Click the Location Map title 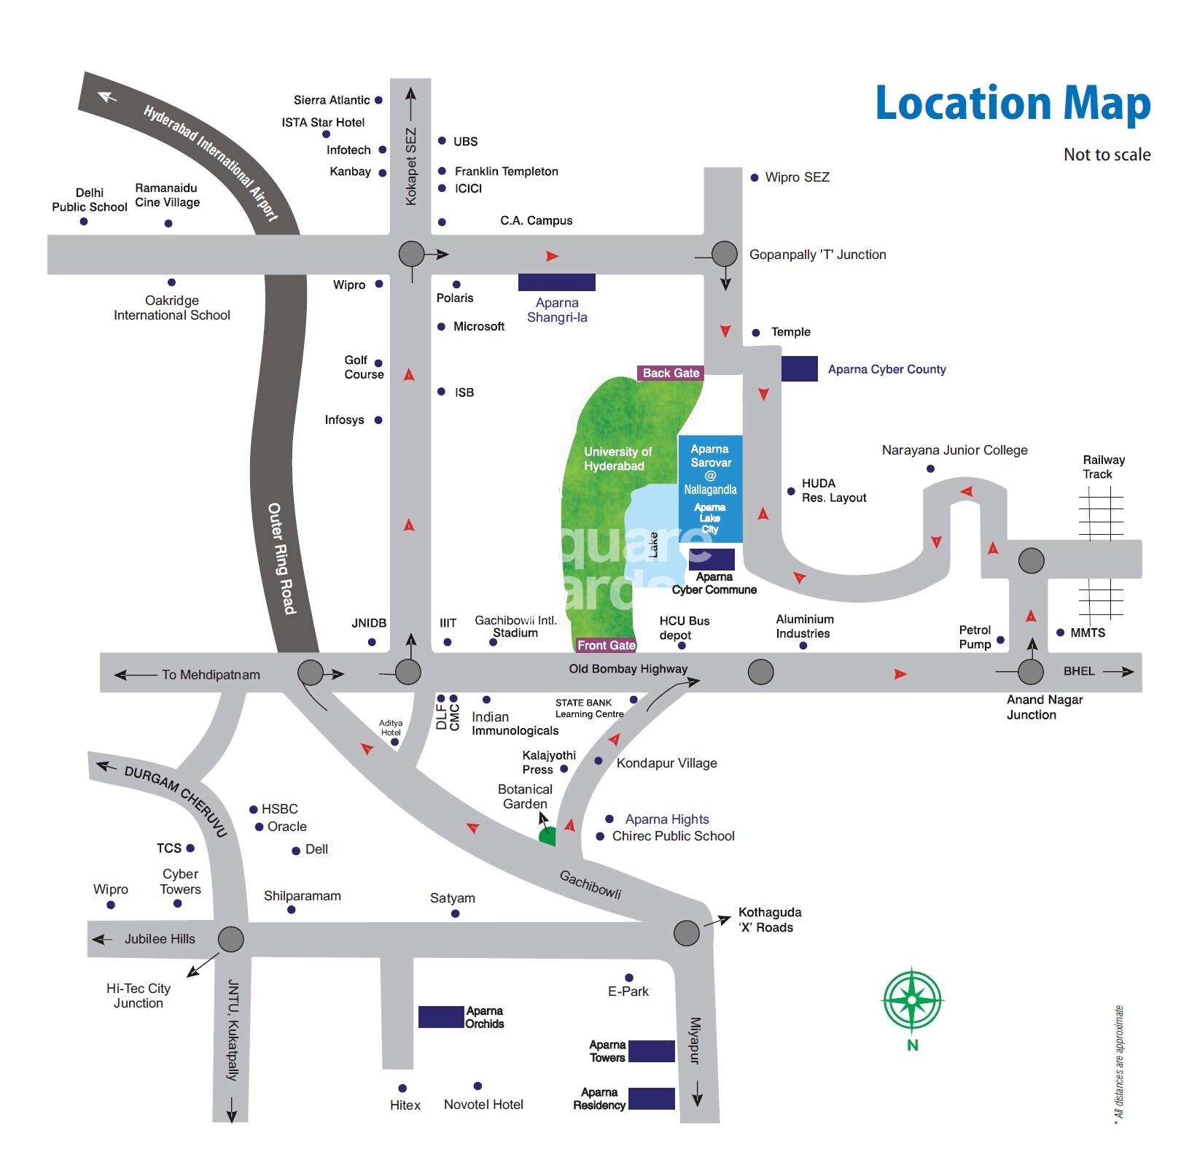[x=1012, y=104]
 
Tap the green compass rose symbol [x=912, y=1000]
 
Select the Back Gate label [x=671, y=373]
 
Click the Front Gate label [x=606, y=645]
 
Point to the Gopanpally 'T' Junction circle [x=724, y=254]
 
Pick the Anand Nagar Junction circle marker [x=1030, y=671]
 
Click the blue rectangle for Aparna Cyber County [x=799, y=368]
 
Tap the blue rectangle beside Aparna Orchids [x=440, y=1016]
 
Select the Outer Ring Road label [x=281, y=557]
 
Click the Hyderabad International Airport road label [x=211, y=163]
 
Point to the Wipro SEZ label [x=797, y=177]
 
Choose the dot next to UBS [x=442, y=141]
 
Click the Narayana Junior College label [x=954, y=450]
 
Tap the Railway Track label [x=1103, y=467]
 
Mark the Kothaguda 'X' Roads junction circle [x=686, y=932]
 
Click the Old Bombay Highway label [x=628, y=669]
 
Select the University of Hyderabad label [x=617, y=459]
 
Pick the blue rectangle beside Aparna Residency [x=651, y=1098]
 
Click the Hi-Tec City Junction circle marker [x=230, y=939]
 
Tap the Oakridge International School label [x=172, y=308]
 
